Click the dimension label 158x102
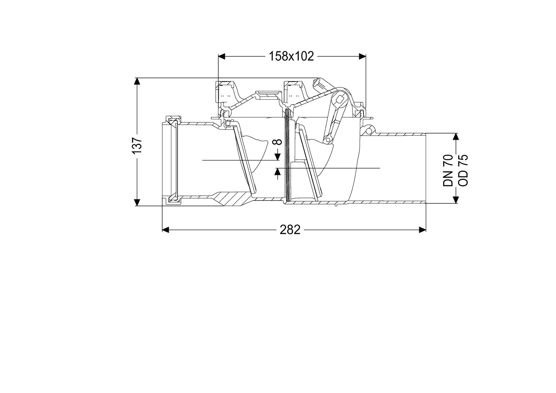(291, 57)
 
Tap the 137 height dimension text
(137, 145)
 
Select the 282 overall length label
(290, 230)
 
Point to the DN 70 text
(448, 170)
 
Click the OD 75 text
(463, 170)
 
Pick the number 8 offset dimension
(278, 142)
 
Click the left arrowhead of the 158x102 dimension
(222, 56)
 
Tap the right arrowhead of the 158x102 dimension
(362, 56)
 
